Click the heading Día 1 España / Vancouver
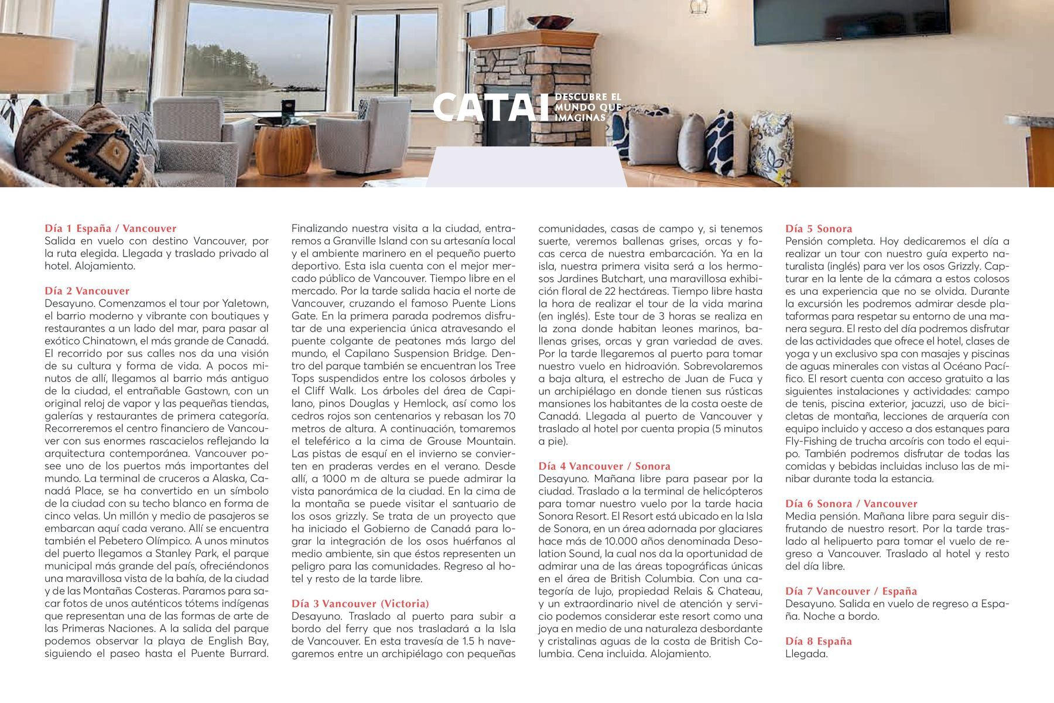(x=110, y=228)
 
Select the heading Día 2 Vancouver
(x=87, y=291)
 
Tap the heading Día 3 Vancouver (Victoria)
(x=360, y=603)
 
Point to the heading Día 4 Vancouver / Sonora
(x=604, y=466)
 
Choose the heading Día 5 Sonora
(x=819, y=228)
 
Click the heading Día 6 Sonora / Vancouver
(x=851, y=504)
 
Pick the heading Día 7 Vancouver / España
(x=851, y=591)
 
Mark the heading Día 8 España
(x=819, y=641)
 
